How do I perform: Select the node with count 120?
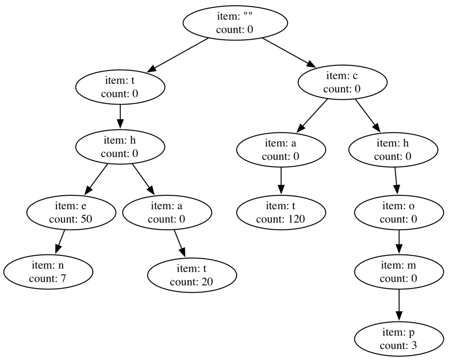click(281, 213)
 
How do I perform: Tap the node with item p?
click(399, 339)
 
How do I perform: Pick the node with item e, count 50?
click(71, 213)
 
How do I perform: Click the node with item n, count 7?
click(48, 272)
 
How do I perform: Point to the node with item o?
click(399, 213)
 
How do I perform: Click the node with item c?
click(342, 83)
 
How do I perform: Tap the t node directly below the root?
click(120, 87)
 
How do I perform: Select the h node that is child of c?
click(393, 150)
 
